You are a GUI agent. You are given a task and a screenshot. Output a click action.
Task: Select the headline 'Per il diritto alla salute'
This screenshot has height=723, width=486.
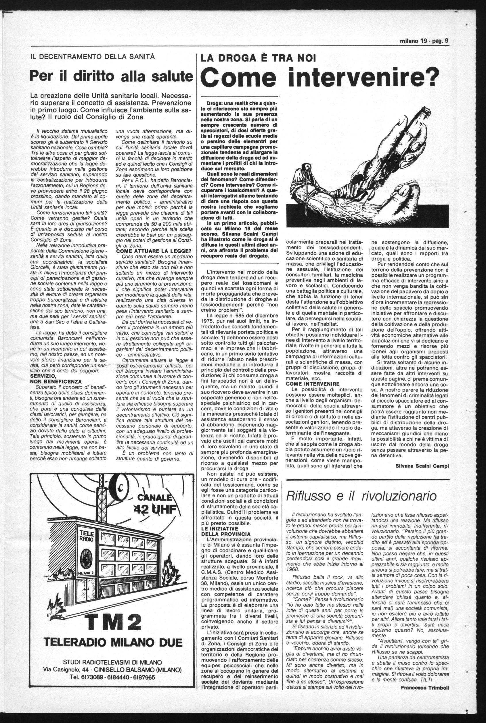tap(111, 76)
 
